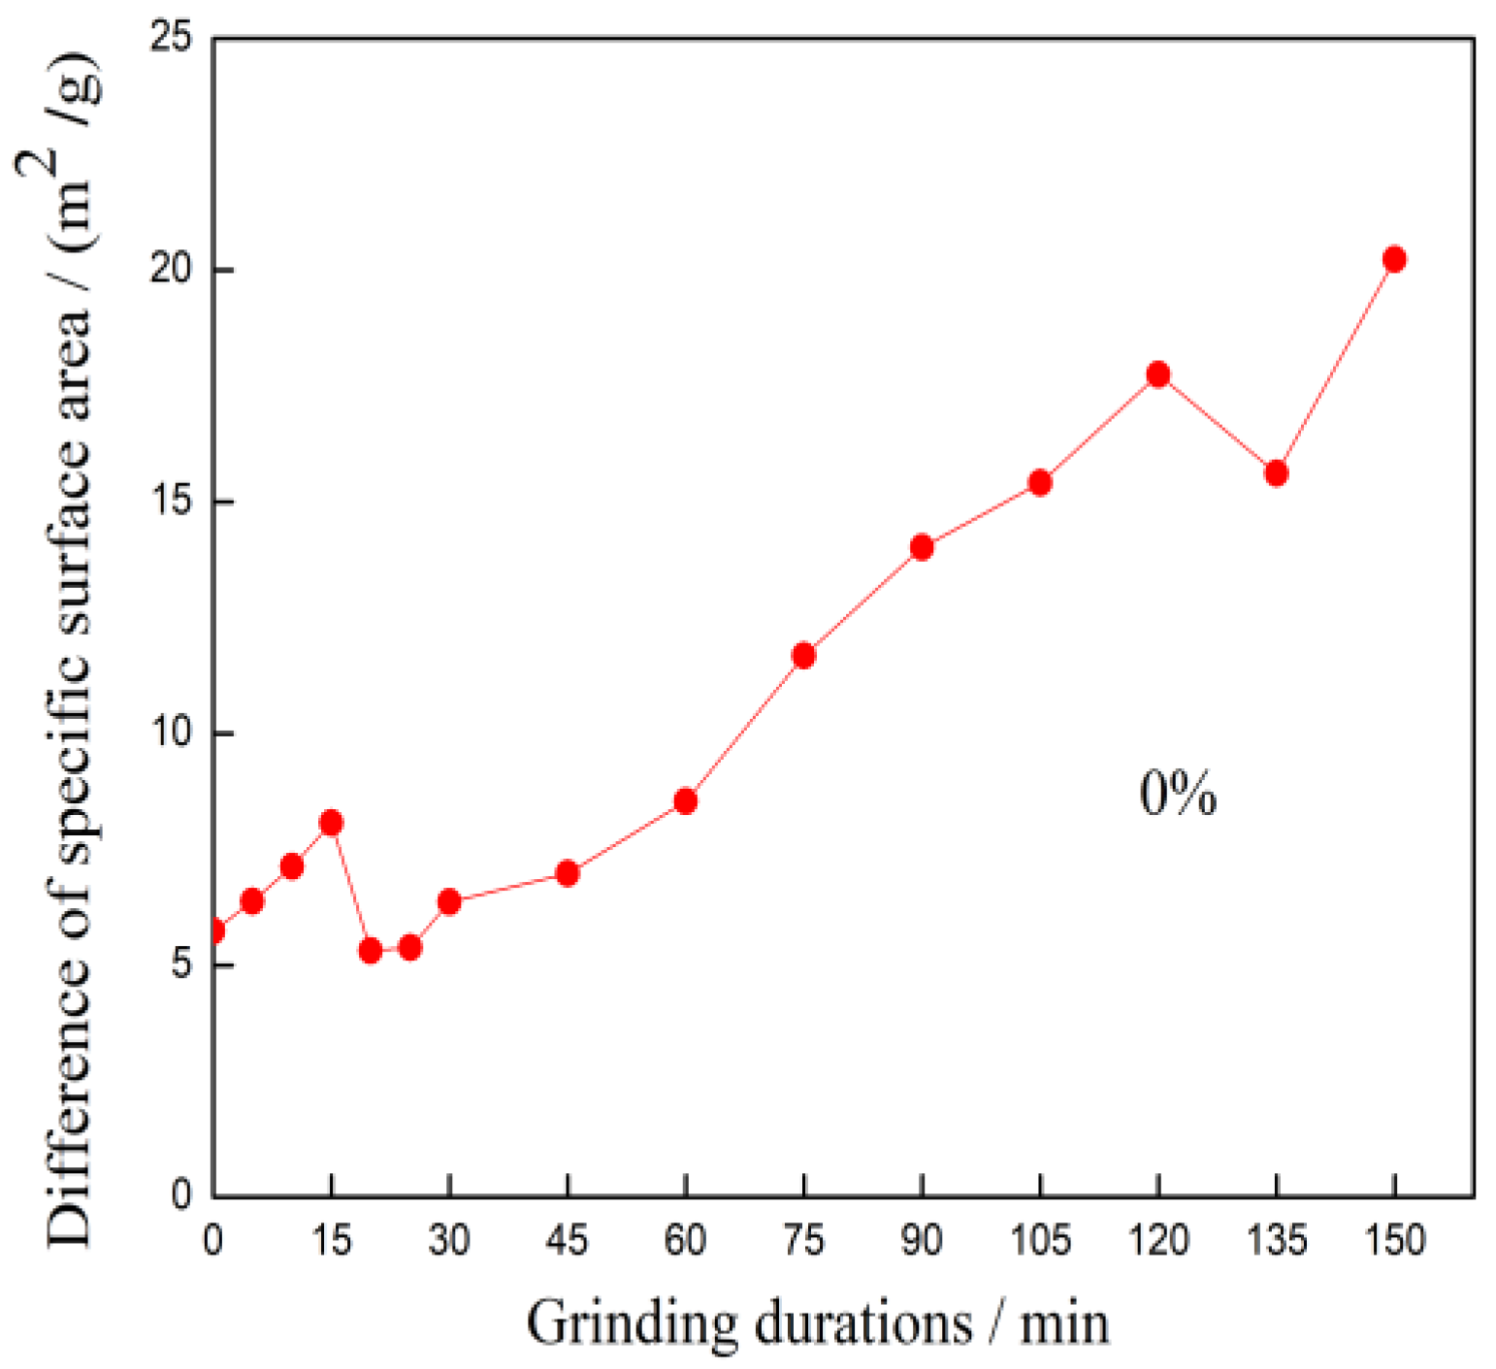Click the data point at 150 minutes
[x=1394, y=259]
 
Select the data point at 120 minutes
[x=1157, y=375]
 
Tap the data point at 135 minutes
[x=1276, y=473]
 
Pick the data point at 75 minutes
[x=803, y=656]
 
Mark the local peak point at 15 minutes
[x=331, y=823]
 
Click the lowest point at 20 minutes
[x=370, y=951]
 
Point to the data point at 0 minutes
[x=214, y=931]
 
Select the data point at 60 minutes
[x=685, y=801]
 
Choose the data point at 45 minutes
[x=568, y=873]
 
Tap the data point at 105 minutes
[x=1039, y=482]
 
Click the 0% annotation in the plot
[x=1177, y=794]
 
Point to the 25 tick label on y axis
[x=172, y=39]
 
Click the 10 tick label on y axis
[x=172, y=733]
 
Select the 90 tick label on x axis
[x=921, y=1241]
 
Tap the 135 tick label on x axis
[x=1276, y=1241]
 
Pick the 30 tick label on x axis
[x=448, y=1241]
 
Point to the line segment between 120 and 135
[x=1217, y=424]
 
